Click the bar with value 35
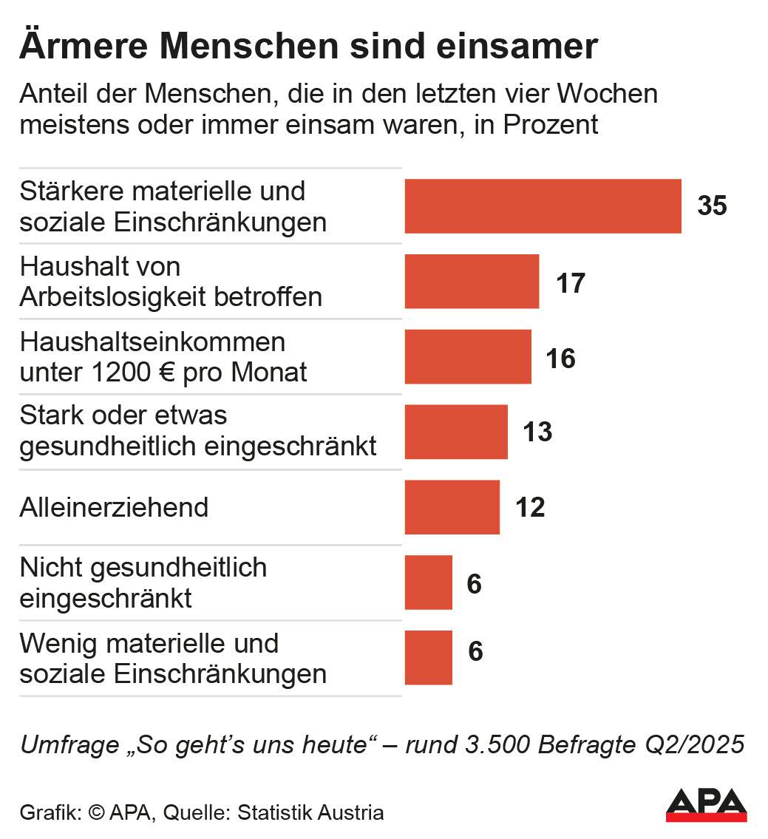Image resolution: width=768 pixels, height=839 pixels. [x=543, y=206]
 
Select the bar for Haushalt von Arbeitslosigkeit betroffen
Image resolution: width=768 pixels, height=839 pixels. [x=472, y=282]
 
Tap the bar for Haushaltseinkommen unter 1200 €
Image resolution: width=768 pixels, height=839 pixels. [x=468, y=357]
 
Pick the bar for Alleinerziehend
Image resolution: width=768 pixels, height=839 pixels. [x=452, y=507]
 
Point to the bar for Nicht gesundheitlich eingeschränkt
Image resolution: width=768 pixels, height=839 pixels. [x=428, y=582]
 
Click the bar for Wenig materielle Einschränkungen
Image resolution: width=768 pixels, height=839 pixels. [x=428, y=658]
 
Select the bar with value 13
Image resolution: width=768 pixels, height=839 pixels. [x=456, y=432]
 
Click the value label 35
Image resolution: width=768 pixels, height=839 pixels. [x=713, y=206]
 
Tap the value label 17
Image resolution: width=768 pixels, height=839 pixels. [x=570, y=282]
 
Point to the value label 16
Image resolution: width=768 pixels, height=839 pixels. [x=561, y=358]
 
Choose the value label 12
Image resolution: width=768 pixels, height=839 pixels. [x=530, y=508]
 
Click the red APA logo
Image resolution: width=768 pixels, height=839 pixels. [x=706, y=804]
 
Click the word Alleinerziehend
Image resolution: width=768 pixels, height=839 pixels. [x=114, y=508]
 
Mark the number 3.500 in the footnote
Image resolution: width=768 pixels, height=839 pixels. [x=499, y=744]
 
